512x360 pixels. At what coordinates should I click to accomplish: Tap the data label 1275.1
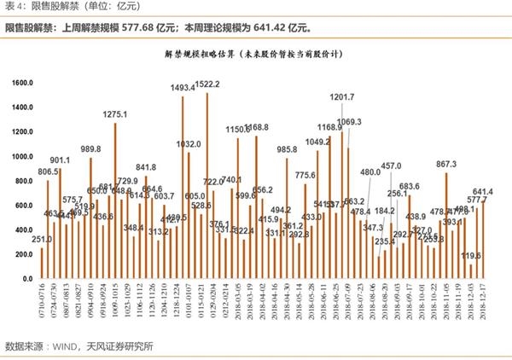pyautogui.click(x=115, y=114)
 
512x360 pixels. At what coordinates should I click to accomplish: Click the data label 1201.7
pyautogui.click(x=341, y=96)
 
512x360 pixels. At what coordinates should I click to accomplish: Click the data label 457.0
pyautogui.click(x=391, y=166)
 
